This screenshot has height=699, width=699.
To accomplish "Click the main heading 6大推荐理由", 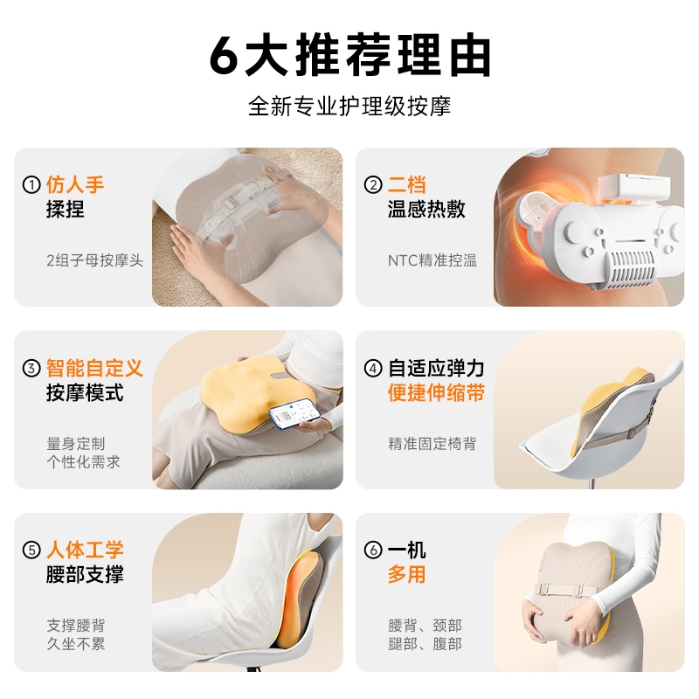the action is (350, 55).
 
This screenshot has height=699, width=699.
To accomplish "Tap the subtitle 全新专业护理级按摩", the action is (349, 106).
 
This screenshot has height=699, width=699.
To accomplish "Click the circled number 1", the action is (31, 184).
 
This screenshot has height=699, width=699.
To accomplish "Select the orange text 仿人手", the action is (75, 184).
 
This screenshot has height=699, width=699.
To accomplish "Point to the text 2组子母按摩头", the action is (95, 260).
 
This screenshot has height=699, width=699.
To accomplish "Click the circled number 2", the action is (373, 184).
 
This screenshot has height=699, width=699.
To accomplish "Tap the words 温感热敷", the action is (426, 209).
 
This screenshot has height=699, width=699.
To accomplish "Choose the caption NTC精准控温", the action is (433, 260).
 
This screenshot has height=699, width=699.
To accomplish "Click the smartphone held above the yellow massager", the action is (294, 414).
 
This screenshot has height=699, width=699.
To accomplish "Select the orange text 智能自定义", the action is (94, 368).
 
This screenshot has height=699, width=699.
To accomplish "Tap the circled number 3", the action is (31, 368).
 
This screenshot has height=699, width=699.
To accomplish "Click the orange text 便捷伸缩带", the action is (436, 392).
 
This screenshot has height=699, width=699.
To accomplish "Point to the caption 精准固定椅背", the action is (432, 444).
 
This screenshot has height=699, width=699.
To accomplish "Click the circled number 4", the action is (373, 368).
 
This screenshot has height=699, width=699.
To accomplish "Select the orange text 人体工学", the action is (85, 550).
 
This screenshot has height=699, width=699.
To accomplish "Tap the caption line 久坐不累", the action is (76, 644).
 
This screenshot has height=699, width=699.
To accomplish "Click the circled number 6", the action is (373, 550).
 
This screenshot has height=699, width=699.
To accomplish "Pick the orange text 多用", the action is (406, 574).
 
